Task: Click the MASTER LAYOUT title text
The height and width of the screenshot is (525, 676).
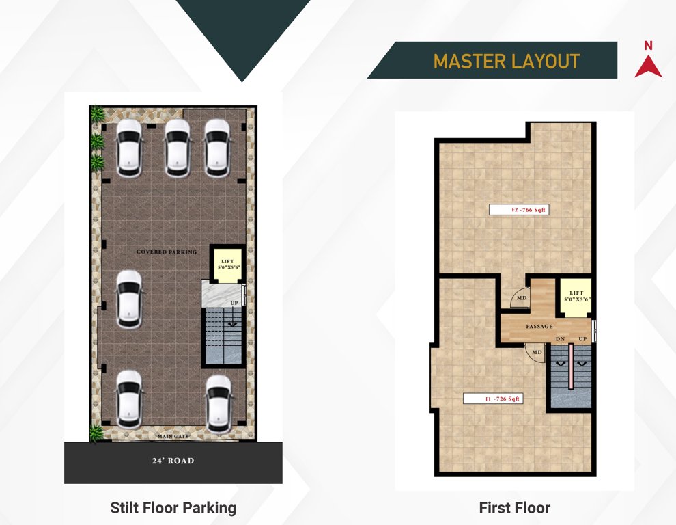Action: click(506, 61)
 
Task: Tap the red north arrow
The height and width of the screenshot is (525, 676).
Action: click(648, 64)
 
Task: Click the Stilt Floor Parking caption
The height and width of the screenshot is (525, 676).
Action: click(173, 508)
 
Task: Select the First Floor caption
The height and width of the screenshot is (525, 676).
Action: click(514, 508)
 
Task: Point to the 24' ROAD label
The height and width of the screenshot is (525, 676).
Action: click(173, 461)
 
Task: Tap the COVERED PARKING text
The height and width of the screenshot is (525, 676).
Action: click(166, 252)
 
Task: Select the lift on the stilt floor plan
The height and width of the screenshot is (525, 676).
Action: click(226, 262)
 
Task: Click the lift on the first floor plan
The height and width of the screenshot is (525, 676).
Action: click(574, 297)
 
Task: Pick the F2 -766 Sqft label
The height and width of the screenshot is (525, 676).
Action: click(520, 210)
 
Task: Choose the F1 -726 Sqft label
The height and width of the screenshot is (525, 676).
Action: click(493, 398)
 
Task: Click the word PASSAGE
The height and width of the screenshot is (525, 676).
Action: click(539, 327)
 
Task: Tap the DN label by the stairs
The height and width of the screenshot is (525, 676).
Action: click(559, 339)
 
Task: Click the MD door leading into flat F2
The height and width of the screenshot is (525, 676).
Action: click(520, 299)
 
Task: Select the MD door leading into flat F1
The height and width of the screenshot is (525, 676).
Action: click(536, 352)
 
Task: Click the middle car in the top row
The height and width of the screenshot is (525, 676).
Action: click(176, 148)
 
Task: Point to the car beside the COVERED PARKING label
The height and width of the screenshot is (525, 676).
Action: click(128, 299)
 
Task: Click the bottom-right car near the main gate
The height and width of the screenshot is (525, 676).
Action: click(218, 403)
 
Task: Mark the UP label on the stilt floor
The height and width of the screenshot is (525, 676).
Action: click(234, 302)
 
